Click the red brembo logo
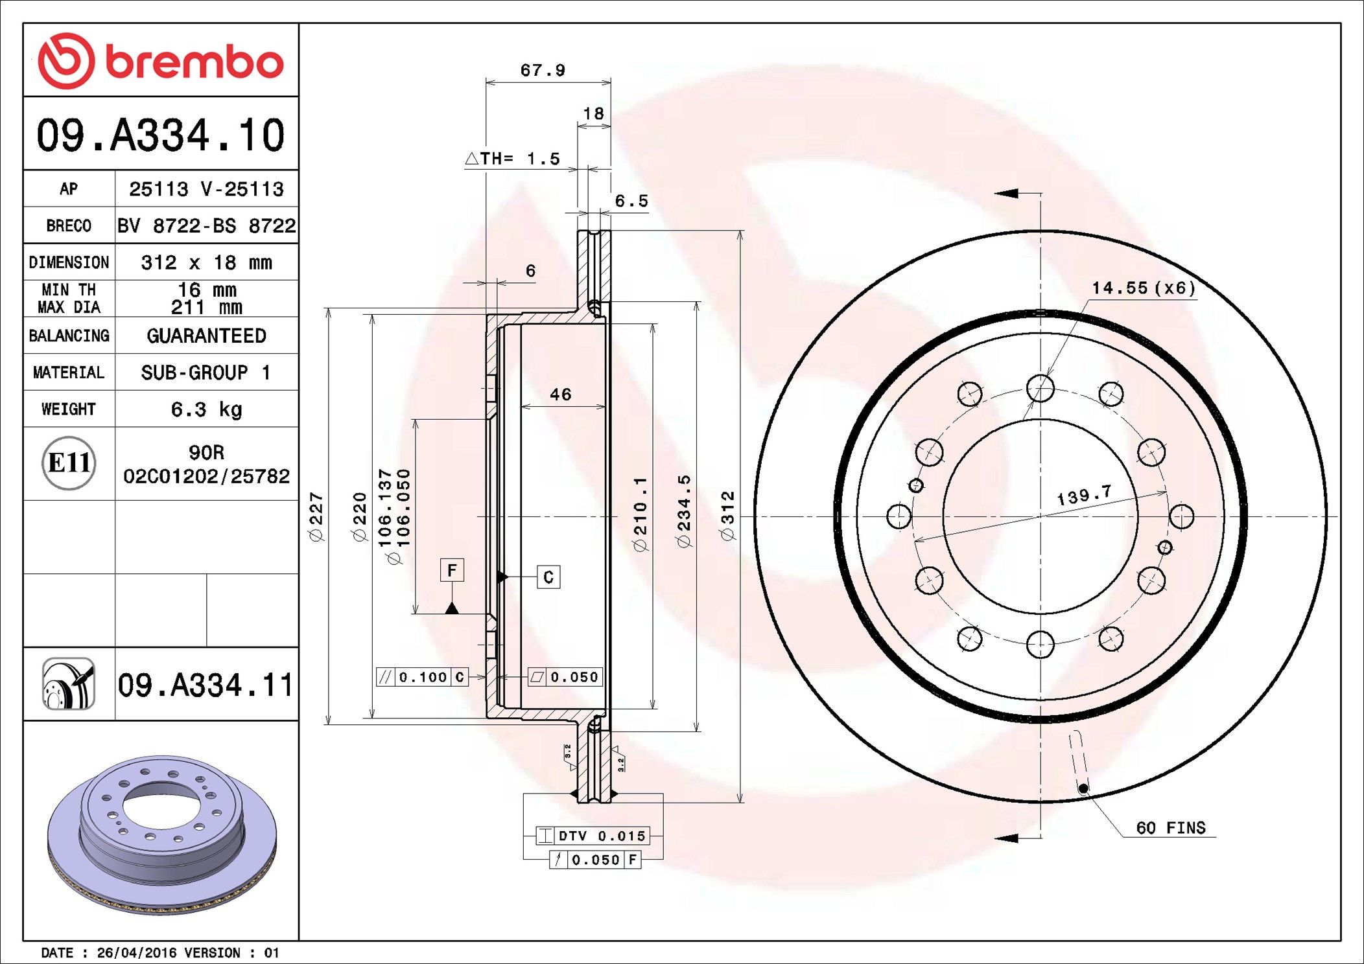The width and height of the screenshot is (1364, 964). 160,61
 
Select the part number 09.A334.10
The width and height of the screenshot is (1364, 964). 160,135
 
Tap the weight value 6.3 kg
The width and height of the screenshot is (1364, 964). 206,409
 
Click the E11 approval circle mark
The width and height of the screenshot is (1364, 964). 69,463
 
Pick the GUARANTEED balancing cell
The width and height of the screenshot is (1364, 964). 206,336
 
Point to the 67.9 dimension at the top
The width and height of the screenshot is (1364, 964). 543,70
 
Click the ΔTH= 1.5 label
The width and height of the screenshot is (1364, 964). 513,159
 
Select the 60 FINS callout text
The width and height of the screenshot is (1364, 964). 1170,828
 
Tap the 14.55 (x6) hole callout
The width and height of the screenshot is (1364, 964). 1143,288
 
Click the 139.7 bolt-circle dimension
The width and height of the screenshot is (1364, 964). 1084,496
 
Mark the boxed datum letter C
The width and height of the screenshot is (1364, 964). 548,577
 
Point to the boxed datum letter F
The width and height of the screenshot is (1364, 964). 452,570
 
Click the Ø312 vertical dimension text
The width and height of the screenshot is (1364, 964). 728,516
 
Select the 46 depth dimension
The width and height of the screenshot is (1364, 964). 560,395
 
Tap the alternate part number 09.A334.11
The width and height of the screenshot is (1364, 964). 206,685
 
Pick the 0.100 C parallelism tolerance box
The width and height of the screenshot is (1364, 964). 422,677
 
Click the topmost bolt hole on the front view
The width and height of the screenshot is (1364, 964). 1041,389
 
